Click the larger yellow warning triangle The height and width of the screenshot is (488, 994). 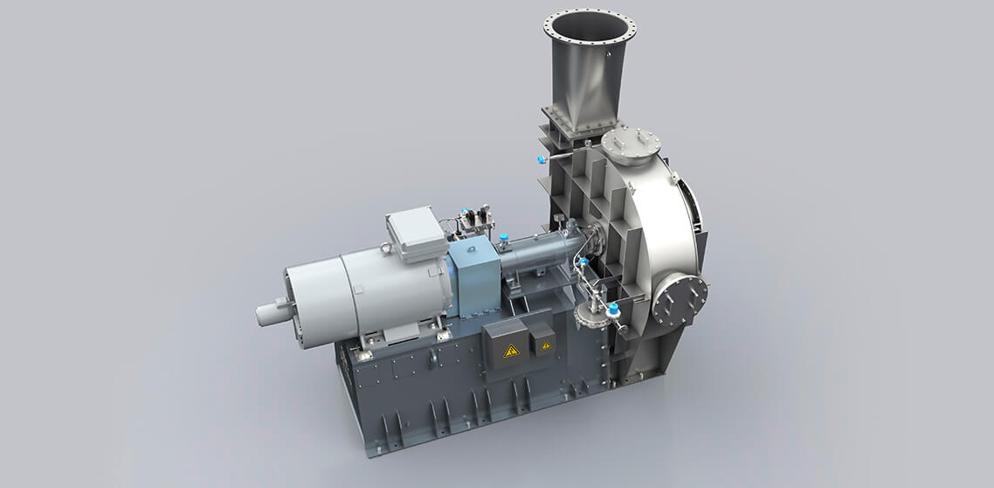(x=511, y=351)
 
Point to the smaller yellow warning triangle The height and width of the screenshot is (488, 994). (x=546, y=346)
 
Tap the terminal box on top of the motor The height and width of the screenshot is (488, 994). (x=416, y=233)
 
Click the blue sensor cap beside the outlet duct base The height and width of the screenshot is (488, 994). (x=542, y=160)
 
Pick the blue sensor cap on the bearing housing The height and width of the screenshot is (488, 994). (x=503, y=236)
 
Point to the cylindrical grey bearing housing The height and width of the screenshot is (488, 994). (x=535, y=254)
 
